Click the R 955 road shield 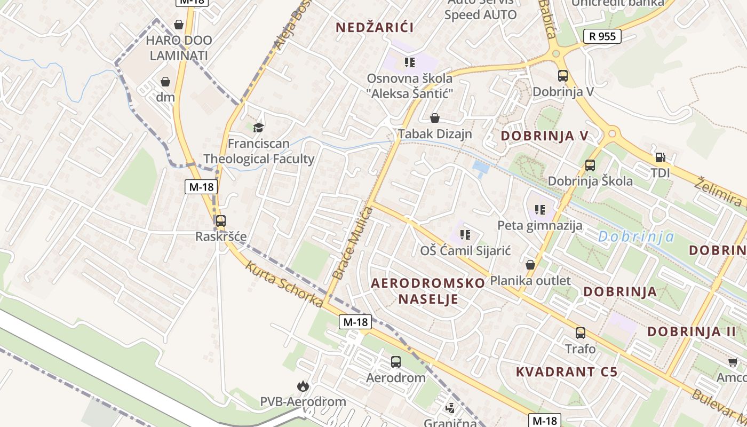tap(602, 36)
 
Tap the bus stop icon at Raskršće tap(220, 220)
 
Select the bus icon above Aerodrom tap(396, 362)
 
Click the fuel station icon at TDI tap(660, 157)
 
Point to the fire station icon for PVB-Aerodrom tap(303, 385)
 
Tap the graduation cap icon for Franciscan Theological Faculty tap(259, 128)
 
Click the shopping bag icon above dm tap(165, 82)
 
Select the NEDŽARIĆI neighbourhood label tap(375, 27)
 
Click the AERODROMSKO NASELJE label tap(428, 291)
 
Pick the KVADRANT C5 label tap(567, 371)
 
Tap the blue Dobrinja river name tap(636, 236)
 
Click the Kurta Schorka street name tap(284, 284)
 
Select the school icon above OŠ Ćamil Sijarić tap(465, 234)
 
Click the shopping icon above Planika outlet tap(530, 265)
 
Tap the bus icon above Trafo tap(581, 333)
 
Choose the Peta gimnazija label tap(539, 225)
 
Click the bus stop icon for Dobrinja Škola tap(590, 165)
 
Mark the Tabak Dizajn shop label tap(435, 133)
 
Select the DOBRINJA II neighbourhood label tap(692, 331)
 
